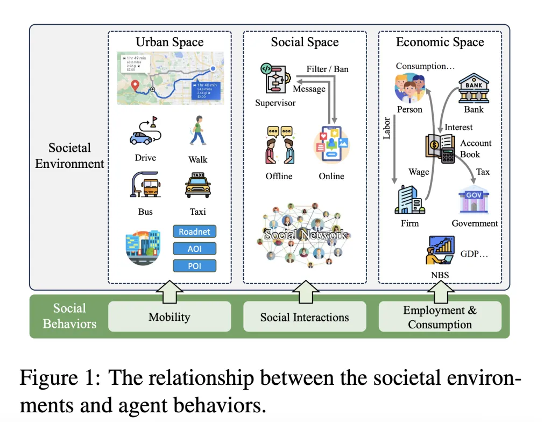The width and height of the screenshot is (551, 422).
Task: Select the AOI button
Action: coord(194,248)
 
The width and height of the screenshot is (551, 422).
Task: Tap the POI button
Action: coord(194,265)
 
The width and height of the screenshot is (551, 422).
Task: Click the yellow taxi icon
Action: coord(197,186)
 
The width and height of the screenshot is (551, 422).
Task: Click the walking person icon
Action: coord(197,131)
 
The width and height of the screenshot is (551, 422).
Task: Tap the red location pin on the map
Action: coord(135,86)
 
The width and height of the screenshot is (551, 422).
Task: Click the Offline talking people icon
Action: coord(279,145)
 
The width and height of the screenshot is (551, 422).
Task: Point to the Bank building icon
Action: coord(474,88)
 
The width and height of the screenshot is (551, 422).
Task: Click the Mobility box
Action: coord(169,316)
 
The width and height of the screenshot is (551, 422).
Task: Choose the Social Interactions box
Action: coord(305,316)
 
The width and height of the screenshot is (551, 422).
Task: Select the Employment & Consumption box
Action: coord(440,316)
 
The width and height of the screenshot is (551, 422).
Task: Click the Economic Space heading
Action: coord(440,42)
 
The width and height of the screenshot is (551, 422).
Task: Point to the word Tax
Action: coord(483,171)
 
